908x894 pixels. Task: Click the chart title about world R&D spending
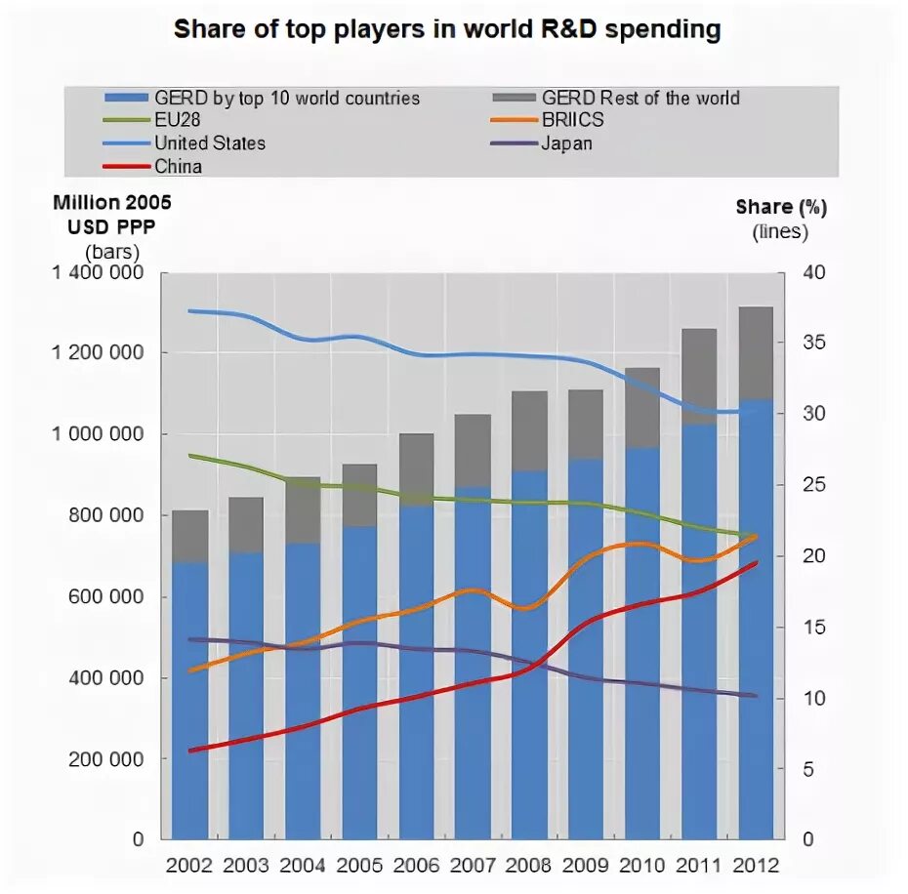447,29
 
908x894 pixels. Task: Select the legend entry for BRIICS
572,121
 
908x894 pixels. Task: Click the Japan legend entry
566,143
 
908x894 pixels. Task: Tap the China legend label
178,166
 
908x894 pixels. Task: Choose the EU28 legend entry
177,121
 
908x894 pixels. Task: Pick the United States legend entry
209,143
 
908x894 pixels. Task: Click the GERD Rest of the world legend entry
640,98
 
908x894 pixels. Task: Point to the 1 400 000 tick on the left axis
95,273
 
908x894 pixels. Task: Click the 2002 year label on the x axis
190,865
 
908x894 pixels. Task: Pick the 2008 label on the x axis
530,865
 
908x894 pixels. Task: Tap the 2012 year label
756,865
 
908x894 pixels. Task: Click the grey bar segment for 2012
757,352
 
